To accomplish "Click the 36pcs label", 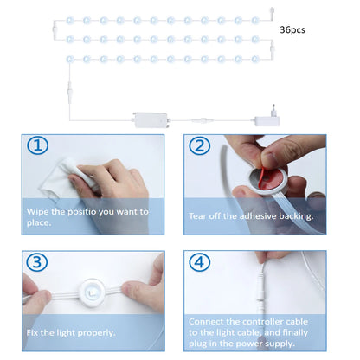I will point(292,29).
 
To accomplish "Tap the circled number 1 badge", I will point(36,145).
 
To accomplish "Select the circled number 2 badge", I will point(200,145).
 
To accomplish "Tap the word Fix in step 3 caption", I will point(33,332).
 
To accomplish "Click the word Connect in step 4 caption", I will point(208,320).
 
